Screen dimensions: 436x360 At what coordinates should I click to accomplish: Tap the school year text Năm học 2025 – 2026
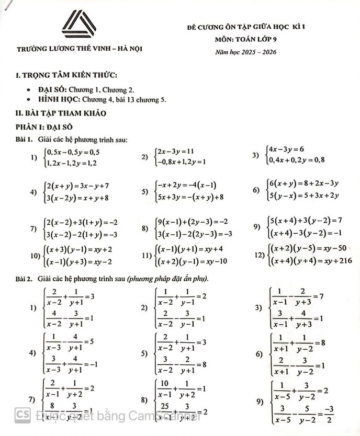pyautogui.click(x=245, y=52)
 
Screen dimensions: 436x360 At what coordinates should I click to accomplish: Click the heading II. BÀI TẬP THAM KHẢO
pyautogui.click(x=61, y=113)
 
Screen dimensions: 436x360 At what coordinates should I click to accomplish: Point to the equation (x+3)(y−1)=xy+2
pyautogui.click(x=80, y=250)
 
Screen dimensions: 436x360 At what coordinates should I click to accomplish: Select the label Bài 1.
pyautogui.click(x=24, y=139)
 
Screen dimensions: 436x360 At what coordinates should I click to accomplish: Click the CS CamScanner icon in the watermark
pyautogui.click(x=22, y=414)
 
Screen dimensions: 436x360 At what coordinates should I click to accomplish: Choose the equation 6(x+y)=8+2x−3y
pyautogui.click(x=303, y=183)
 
